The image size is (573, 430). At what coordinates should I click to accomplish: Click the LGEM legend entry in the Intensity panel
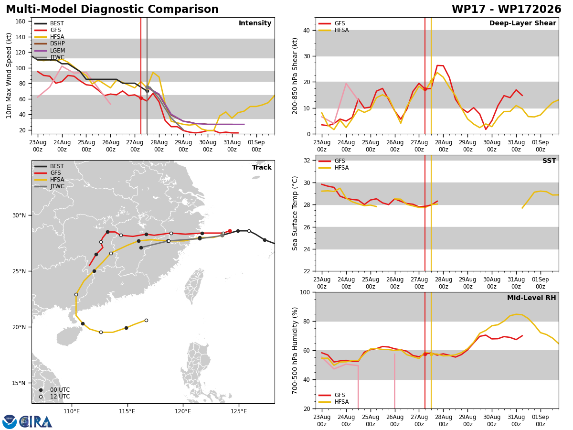point(50,50)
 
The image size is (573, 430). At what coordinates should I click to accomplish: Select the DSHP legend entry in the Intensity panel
point(50,43)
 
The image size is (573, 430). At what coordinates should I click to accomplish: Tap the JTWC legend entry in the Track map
point(50,186)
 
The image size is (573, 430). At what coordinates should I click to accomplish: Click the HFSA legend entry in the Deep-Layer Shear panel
point(334,30)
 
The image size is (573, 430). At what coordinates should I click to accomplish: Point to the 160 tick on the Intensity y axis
point(21,21)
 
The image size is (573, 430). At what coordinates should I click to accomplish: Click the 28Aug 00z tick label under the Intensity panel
point(159,146)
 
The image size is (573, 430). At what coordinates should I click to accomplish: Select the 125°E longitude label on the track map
point(239,411)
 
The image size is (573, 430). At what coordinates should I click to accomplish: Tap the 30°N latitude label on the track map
point(19,215)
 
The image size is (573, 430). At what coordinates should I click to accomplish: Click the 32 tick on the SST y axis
point(307,161)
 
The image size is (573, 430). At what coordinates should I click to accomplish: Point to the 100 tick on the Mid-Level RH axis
point(305,292)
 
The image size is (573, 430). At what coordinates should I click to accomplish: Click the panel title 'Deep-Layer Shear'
point(522,23)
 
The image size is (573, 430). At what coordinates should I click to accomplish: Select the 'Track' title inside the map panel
point(262,167)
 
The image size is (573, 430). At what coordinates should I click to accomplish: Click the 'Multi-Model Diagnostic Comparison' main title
point(112,9)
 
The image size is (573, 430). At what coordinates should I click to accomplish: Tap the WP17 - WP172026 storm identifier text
point(507,9)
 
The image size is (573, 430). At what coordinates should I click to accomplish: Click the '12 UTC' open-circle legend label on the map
point(60,397)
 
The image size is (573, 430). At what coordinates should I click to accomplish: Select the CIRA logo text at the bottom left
point(35,422)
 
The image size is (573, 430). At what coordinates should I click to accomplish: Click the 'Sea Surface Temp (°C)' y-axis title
point(295,213)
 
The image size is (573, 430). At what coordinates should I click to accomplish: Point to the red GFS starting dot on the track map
point(230,231)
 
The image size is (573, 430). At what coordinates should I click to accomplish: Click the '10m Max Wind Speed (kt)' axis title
point(9,75)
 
